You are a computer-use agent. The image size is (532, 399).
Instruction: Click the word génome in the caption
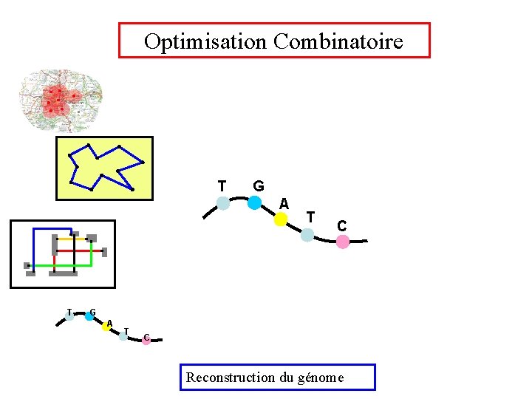tap(320, 378)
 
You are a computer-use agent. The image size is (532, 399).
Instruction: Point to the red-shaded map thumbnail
tap(59, 100)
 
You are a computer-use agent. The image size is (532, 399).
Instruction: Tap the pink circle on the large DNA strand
tap(343, 242)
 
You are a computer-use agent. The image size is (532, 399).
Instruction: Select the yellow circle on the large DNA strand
tap(281, 219)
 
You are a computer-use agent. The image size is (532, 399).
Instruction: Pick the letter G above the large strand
tap(258, 185)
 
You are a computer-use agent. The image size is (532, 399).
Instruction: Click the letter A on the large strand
tap(284, 203)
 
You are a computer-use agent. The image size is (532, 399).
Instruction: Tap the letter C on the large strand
tap(342, 225)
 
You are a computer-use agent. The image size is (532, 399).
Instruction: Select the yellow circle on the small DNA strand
tap(106, 327)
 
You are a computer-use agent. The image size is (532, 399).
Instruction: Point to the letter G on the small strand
tap(92, 311)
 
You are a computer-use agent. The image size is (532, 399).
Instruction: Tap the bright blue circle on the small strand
tap(89, 316)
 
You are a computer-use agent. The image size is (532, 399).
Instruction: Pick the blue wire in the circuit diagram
tap(52, 228)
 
